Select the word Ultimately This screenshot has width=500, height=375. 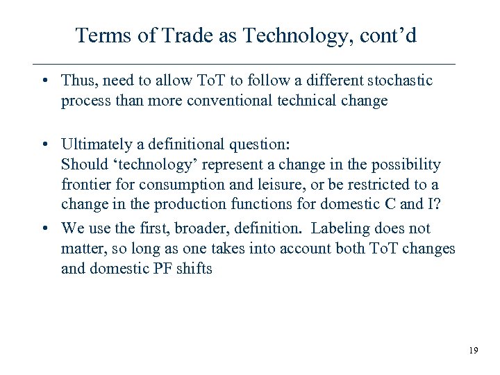(99, 145)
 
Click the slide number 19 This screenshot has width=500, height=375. (473, 351)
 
